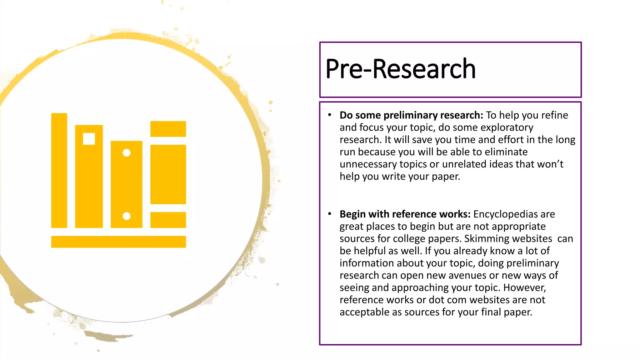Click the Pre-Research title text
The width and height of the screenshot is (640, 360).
[x=400, y=69]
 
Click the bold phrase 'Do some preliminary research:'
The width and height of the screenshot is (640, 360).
[x=411, y=115]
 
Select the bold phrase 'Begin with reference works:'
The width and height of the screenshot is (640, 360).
[x=405, y=214]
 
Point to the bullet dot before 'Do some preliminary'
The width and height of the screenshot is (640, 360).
[x=329, y=115]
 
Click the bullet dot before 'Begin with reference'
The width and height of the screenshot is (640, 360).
[x=329, y=214]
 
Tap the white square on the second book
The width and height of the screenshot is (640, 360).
[x=89, y=139]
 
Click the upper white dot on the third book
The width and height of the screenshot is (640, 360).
[x=127, y=153]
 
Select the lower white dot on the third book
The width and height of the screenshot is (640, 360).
[x=127, y=216]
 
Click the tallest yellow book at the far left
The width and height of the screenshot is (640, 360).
[x=59, y=170]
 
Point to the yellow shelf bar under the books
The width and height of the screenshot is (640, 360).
[x=118, y=242]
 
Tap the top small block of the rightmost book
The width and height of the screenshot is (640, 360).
[x=168, y=129]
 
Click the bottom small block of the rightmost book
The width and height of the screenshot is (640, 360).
[x=168, y=220]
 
